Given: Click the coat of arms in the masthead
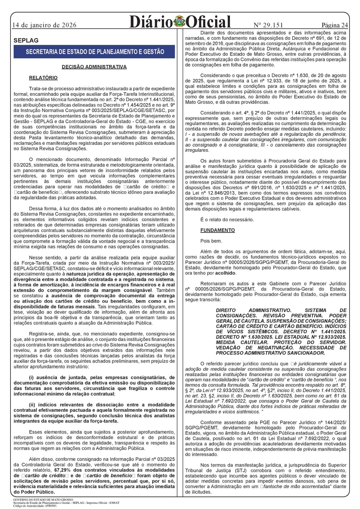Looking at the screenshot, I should click(180, 22).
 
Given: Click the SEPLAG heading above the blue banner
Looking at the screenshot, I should click(26, 41).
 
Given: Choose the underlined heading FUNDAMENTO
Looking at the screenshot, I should click(217, 230).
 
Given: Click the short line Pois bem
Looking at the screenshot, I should click(211, 241).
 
